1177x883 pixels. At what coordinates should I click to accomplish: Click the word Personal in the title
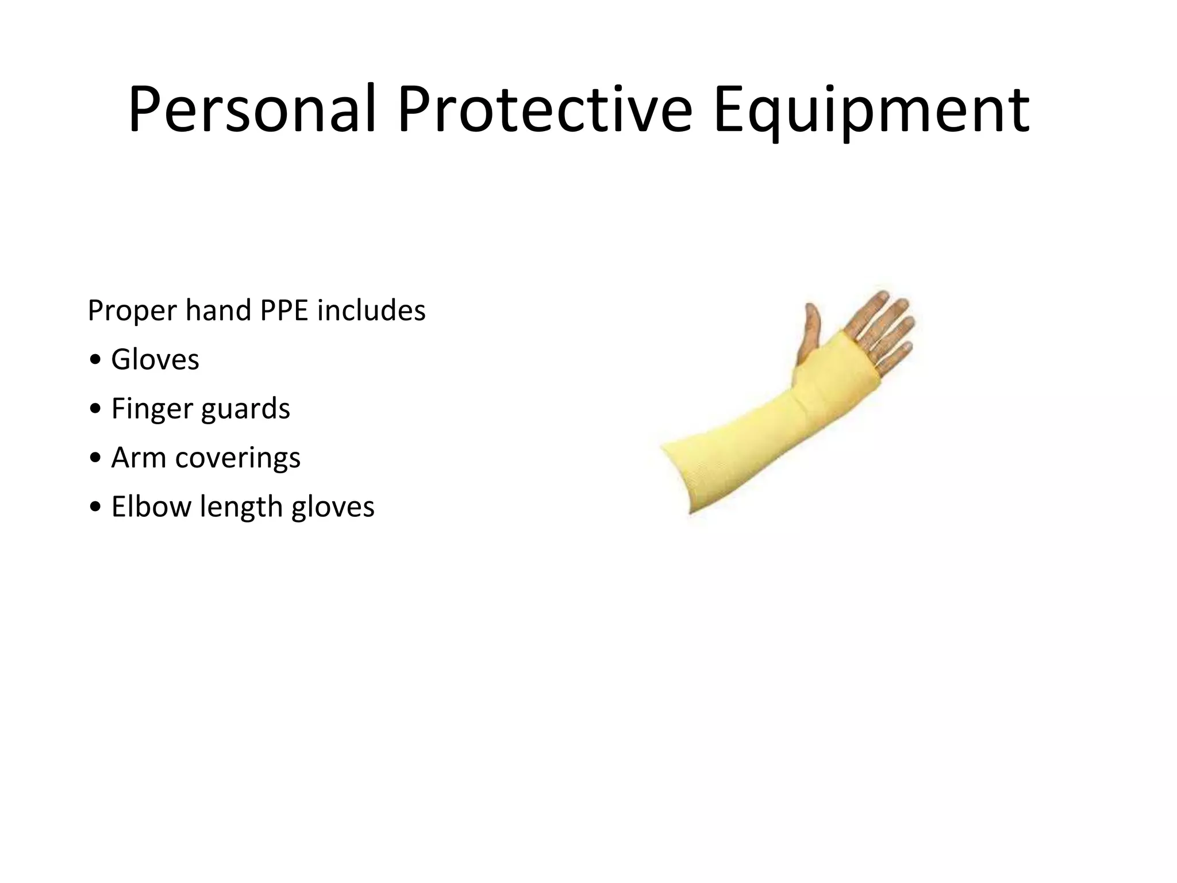coord(252,109)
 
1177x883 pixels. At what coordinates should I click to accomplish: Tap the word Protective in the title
coord(544,109)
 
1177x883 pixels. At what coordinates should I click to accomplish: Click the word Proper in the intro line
coord(132,311)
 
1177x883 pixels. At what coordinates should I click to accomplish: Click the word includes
coord(371,310)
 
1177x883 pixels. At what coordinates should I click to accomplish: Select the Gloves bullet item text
coord(155,360)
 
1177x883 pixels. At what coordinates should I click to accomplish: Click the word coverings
coord(237,458)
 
